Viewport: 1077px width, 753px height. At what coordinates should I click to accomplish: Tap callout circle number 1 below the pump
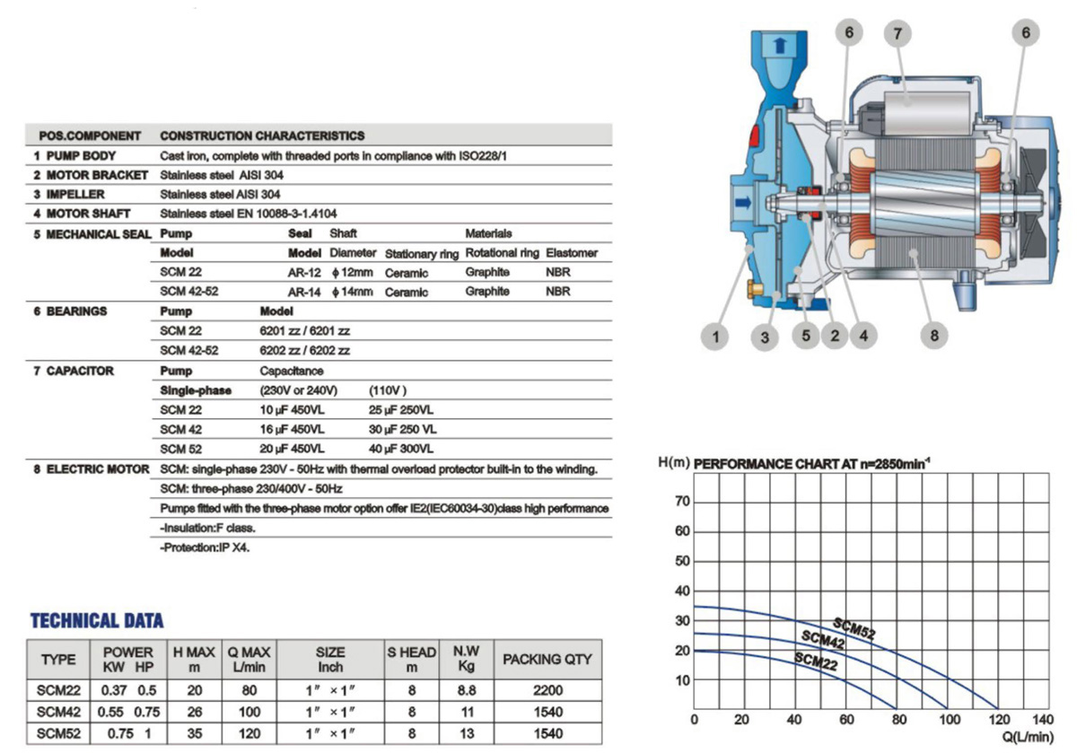(x=716, y=337)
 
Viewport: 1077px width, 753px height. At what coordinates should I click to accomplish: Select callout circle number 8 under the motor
(x=934, y=337)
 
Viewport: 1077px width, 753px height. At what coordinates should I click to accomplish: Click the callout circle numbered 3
(x=765, y=337)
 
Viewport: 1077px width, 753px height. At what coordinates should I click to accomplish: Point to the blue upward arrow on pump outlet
(x=778, y=44)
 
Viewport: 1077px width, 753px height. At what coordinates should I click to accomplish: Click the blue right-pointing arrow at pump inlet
(x=742, y=204)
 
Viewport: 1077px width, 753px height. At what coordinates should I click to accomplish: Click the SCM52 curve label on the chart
(x=854, y=628)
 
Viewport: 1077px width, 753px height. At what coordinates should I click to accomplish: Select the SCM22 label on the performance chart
(x=816, y=661)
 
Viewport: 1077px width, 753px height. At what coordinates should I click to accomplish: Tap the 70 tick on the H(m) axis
(x=682, y=502)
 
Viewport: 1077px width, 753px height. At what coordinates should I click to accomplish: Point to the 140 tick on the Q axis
(x=1042, y=720)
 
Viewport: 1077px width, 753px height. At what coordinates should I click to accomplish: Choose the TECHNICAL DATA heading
(x=97, y=620)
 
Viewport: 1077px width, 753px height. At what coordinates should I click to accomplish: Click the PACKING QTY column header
(x=547, y=659)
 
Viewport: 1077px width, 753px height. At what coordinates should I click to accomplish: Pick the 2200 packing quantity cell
(x=547, y=692)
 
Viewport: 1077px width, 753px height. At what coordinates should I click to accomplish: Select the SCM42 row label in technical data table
(x=58, y=712)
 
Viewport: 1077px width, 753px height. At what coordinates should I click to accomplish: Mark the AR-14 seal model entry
(x=303, y=292)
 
